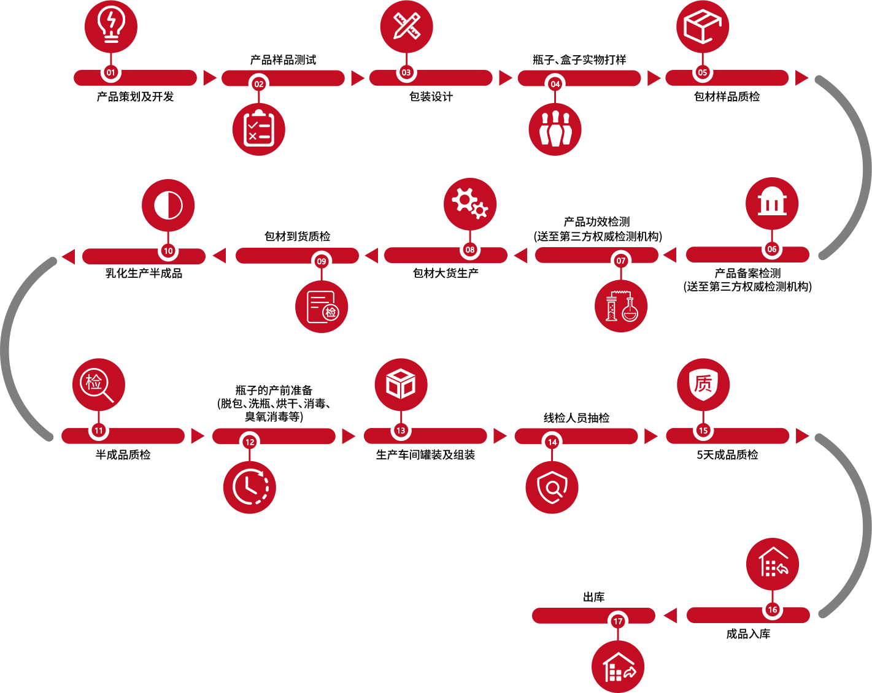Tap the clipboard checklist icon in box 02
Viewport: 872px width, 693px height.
(259, 129)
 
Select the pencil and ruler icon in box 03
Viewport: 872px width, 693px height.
(407, 26)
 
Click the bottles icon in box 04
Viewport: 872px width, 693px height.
(555, 129)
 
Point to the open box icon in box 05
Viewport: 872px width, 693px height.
(702, 26)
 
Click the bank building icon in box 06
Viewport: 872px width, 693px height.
(772, 201)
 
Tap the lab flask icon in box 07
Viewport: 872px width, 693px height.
(622, 306)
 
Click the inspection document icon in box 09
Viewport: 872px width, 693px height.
(323, 307)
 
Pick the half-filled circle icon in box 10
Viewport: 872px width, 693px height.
(168, 205)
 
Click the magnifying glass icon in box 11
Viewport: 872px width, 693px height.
(96, 385)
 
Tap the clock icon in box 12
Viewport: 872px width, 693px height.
(250, 486)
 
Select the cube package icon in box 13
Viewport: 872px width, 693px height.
(401, 384)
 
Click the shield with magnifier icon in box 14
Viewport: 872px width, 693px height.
(552, 487)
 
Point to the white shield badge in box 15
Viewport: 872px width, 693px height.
(703, 385)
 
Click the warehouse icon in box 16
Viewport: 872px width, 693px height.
(774, 562)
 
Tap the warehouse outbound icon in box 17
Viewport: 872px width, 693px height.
(619, 667)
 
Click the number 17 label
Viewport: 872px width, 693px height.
(618, 621)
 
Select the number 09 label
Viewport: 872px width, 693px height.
(322, 261)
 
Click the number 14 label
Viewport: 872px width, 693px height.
(552, 442)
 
